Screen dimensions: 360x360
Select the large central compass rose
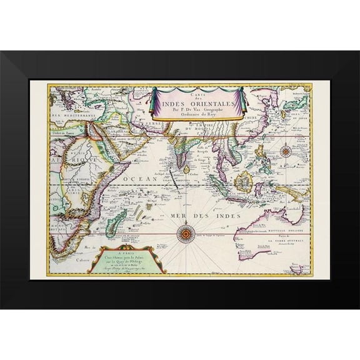coord(185,235)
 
